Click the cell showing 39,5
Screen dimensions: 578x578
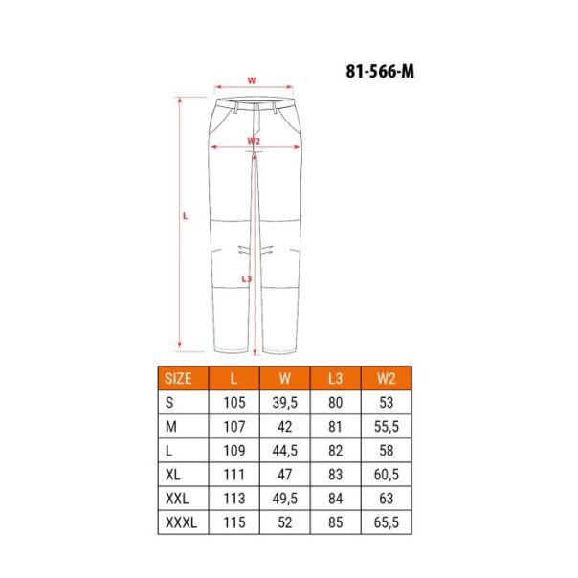(283, 402)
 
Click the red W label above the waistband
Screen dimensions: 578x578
(252, 80)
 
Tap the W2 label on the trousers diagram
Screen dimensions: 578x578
(253, 141)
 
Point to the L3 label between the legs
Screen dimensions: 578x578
(247, 279)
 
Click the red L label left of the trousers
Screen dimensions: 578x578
(186, 215)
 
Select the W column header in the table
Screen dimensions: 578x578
(283, 375)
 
